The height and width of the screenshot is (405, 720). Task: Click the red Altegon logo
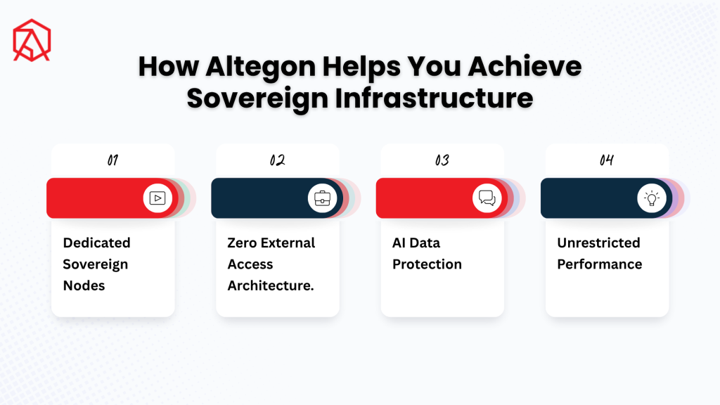click(x=32, y=40)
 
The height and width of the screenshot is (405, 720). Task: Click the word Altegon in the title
click(x=261, y=67)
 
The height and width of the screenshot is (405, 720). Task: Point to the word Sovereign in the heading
click(x=257, y=98)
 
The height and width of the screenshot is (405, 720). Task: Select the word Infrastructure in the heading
click(x=434, y=98)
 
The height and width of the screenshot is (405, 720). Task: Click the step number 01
click(x=112, y=160)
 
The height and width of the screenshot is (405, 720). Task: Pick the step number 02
click(x=277, y=160)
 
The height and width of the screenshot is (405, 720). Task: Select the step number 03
click(x=442, y=160)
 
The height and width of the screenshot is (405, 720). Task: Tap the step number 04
click(x=607, y=160)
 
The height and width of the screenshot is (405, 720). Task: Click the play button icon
click(x=157, y=198)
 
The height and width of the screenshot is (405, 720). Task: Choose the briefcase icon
click(x=322, y=198)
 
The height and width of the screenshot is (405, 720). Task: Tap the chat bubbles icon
click(x=487, y=198)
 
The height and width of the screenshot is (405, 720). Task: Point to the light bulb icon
click(x=652, y=198)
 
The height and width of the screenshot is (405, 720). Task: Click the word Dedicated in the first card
click(x=96, y=243)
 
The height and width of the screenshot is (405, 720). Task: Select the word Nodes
click(x=84, y=285)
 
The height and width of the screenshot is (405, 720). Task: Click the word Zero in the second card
click(x=242, y=243)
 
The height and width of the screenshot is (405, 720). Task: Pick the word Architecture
click(x=271, y=285)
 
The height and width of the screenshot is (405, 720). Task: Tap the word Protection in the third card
click(x=427, y=264)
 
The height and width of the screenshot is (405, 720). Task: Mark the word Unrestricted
click(x=599, y=243)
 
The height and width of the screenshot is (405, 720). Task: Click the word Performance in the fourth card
click(x=600, y=264)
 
